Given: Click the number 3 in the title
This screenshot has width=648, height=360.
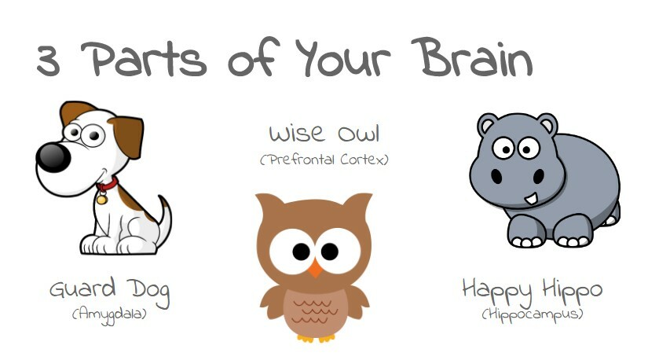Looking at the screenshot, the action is [x=49, y=61].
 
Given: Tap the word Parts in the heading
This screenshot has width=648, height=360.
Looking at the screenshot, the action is [x=144, y=59].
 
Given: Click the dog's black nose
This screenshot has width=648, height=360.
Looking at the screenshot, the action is [x=53, y=157].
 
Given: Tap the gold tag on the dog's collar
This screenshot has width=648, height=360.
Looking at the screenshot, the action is [x=101, y=200].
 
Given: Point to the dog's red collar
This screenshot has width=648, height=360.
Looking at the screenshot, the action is [x=108, y=184].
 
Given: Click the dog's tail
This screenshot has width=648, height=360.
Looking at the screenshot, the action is [x=164, y=219].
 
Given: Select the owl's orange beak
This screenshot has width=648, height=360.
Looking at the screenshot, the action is [x=315, y=268].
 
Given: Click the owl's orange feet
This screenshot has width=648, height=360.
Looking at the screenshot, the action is [x=317, y=338].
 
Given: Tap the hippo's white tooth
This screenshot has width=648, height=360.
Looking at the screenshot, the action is [x=531, y=199].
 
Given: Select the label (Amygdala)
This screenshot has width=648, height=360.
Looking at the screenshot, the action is [x=109, y=314].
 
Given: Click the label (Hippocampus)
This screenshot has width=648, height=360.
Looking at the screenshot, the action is [x=533, y=314].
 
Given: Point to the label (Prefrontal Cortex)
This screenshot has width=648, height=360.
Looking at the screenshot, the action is [x=324, y=160].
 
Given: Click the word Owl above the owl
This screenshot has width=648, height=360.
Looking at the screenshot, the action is [x=358, y=134].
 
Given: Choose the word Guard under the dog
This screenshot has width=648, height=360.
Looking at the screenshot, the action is [x=82, y=288].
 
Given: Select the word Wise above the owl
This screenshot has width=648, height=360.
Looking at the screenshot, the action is [x=297, y=134].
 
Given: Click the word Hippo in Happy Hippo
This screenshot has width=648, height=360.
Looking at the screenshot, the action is [x=573, y=291].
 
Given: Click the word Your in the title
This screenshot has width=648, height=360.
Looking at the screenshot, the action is [x=342, y=57].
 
